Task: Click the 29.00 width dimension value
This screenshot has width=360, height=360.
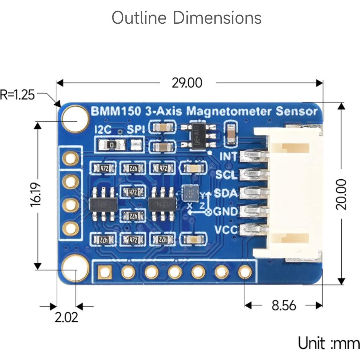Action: (x=187, y=83)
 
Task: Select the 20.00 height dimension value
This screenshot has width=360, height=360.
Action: (x=341, y=194)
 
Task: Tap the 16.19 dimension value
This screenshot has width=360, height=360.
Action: (x=36, y=195)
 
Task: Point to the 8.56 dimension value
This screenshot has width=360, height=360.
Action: (x=284, y=305)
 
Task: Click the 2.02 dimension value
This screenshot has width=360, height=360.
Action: (x=66, y=317)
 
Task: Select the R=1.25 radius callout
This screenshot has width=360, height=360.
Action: (x=17, y=95)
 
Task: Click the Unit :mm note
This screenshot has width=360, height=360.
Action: (x=329, y=343)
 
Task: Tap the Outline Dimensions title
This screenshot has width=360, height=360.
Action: (x=187, y=18)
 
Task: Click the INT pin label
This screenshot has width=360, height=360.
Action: (x=228, y=157)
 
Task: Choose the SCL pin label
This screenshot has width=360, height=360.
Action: (x=226, y=175)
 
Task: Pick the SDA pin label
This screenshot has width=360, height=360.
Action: (x=226, y=193)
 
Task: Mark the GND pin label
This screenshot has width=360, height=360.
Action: (x=226, y=212)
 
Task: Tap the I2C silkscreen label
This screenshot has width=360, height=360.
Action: (x=103, y=130)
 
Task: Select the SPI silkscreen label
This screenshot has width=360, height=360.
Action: (x=136, y=130)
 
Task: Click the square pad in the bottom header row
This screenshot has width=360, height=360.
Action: (x=105, y=272)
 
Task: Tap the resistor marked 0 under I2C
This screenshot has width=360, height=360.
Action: (x=112, y=145)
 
